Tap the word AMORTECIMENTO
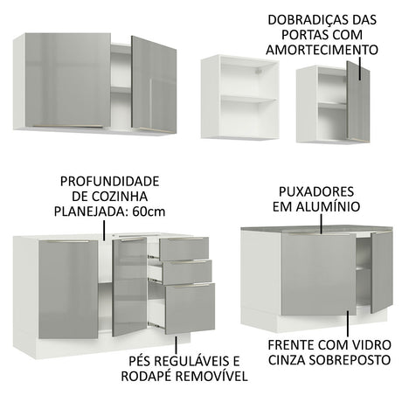coord(322,50)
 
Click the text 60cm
coord(149,211)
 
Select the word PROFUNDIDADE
coord(109,182)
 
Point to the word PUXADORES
coord(316,191)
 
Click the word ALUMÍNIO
coord(329,207)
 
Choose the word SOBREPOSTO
coord(350,360)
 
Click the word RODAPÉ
coord(147,376)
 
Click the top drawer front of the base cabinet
coord(184,249)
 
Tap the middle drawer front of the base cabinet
coord(187,272)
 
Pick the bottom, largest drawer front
coord(190,308)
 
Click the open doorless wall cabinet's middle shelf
coord(248,100)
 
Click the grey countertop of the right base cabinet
coord(316,230)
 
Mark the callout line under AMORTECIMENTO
coord(360,68)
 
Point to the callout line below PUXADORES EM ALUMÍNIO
coord(322,224)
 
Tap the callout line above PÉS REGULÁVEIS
coord(176,344)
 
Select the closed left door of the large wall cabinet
coord(68,80)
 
